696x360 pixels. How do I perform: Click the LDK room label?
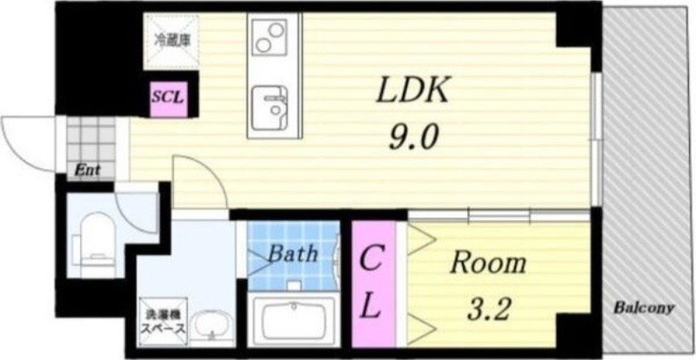click(x=412, y=90)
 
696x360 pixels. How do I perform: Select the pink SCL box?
click(x=168, y=97)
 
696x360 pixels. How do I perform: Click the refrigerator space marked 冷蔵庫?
click(x=172, y=39)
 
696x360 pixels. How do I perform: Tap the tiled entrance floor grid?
click(x=91, y=139)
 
